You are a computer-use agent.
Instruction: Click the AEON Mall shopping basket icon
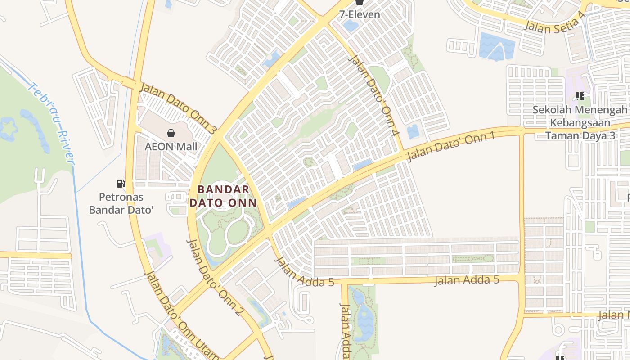pyautogui.click(x=171, y=133)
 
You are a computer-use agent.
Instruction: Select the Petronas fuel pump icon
pyautogui.click(x=121, y=183)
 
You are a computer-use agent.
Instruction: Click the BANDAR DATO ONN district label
pyautogui.click(x=223, y=196)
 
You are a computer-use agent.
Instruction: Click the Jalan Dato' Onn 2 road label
pyautogui.click(x=216, y=277)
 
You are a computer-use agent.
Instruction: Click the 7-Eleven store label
pyautogui.click(x=360, y=14)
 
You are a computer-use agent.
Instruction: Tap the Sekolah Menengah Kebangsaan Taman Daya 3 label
pyautogui.click(x=580, y=122)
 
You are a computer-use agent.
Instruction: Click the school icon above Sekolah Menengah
pyautogui.click(x=580, y=96)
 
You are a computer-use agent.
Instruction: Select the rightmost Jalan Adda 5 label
pyautogui.click(x=467, y=280)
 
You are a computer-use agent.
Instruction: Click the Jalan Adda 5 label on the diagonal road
pyautogui.click(x=304, y=272)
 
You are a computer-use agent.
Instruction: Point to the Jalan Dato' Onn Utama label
pyautogui.click(x=180, y=315)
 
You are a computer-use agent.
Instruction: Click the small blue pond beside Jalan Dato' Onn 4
pyautogui.click(x=413, y=132)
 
